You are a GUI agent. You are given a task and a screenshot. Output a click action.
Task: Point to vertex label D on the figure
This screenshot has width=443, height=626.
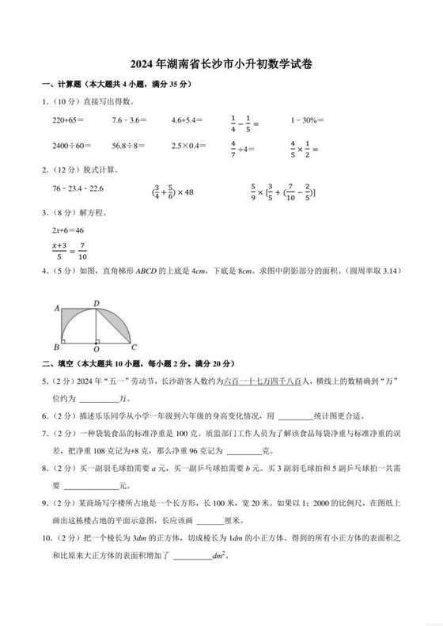pos(96,303)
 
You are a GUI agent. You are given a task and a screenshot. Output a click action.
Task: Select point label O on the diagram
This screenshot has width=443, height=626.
pos(96,348)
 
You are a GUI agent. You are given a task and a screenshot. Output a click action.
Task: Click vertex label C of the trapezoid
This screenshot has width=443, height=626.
pos(134,347)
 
